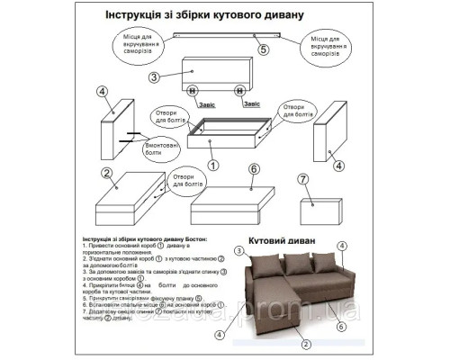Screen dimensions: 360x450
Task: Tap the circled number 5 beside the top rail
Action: (263, 50)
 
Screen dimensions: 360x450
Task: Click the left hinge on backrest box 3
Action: (192, 89)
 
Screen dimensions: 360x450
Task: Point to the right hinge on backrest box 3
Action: (239, 89)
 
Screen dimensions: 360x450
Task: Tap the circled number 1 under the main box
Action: (213, 165)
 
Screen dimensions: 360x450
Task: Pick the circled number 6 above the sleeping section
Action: (254, 168)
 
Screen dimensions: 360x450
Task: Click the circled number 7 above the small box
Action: (303, 178)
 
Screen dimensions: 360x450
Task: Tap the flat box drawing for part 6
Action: (238, 203)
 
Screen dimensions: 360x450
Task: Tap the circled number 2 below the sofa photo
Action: (305, 343)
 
